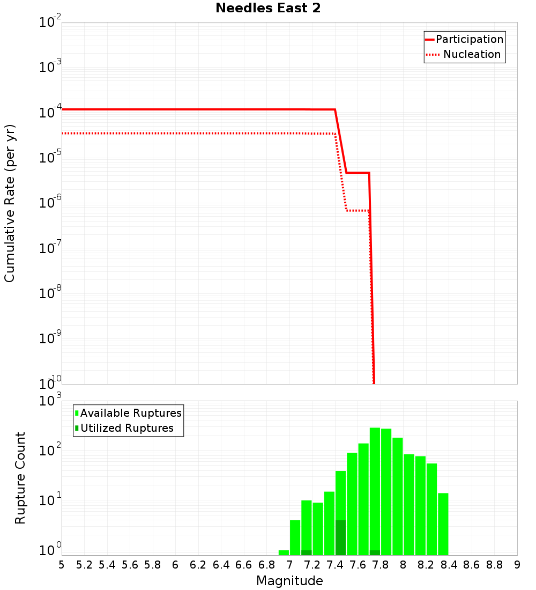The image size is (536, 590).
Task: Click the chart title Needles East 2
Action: point(268,9)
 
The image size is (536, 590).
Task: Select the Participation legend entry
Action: point(469,39)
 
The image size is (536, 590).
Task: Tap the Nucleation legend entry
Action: point(471,54)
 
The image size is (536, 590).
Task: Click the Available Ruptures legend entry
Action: point(131,413)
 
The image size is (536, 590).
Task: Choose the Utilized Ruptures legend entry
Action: point(126,428)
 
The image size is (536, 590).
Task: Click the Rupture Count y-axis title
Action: point(20,478)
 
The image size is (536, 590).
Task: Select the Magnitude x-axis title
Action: point(289,580)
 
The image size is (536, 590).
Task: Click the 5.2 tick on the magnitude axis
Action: point(85,565)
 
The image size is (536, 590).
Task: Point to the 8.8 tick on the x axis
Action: point(494,565)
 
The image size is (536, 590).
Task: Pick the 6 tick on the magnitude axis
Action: point(175,565)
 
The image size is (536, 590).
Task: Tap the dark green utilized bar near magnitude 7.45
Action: point(340,537)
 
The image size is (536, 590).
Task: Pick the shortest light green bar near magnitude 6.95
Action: point(284,552)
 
